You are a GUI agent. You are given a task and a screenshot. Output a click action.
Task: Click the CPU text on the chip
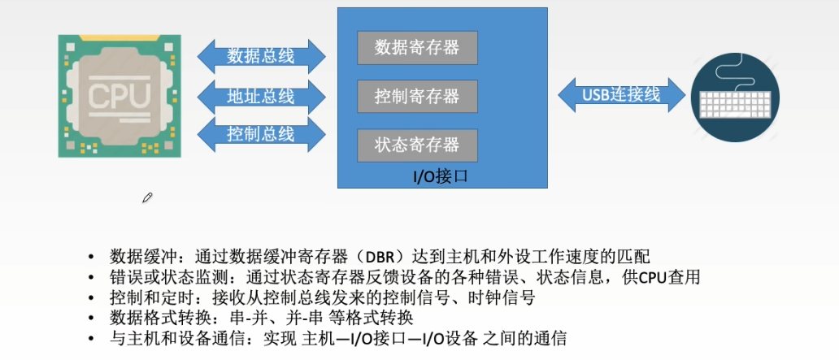(120, 95)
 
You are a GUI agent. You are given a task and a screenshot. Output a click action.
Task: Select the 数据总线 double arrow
(261, 55)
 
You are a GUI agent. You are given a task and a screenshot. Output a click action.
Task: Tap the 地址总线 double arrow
(261, 97)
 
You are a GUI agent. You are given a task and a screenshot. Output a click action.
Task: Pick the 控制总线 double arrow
(261, 134)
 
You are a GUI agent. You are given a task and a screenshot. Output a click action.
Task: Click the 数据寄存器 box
(417, 48)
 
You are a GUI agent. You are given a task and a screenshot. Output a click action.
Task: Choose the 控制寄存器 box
(417, 96)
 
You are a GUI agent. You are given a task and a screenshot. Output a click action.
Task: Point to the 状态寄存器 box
(417, 145)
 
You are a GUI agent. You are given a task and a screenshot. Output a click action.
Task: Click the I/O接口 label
(441, 176)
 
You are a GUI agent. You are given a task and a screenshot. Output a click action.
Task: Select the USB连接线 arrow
(622, 95)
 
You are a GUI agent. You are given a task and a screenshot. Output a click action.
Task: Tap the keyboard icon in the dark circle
(736, 104)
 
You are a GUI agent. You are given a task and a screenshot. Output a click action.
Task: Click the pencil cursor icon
(147, 198)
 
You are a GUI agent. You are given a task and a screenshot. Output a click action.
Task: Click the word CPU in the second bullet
(654, 278)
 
